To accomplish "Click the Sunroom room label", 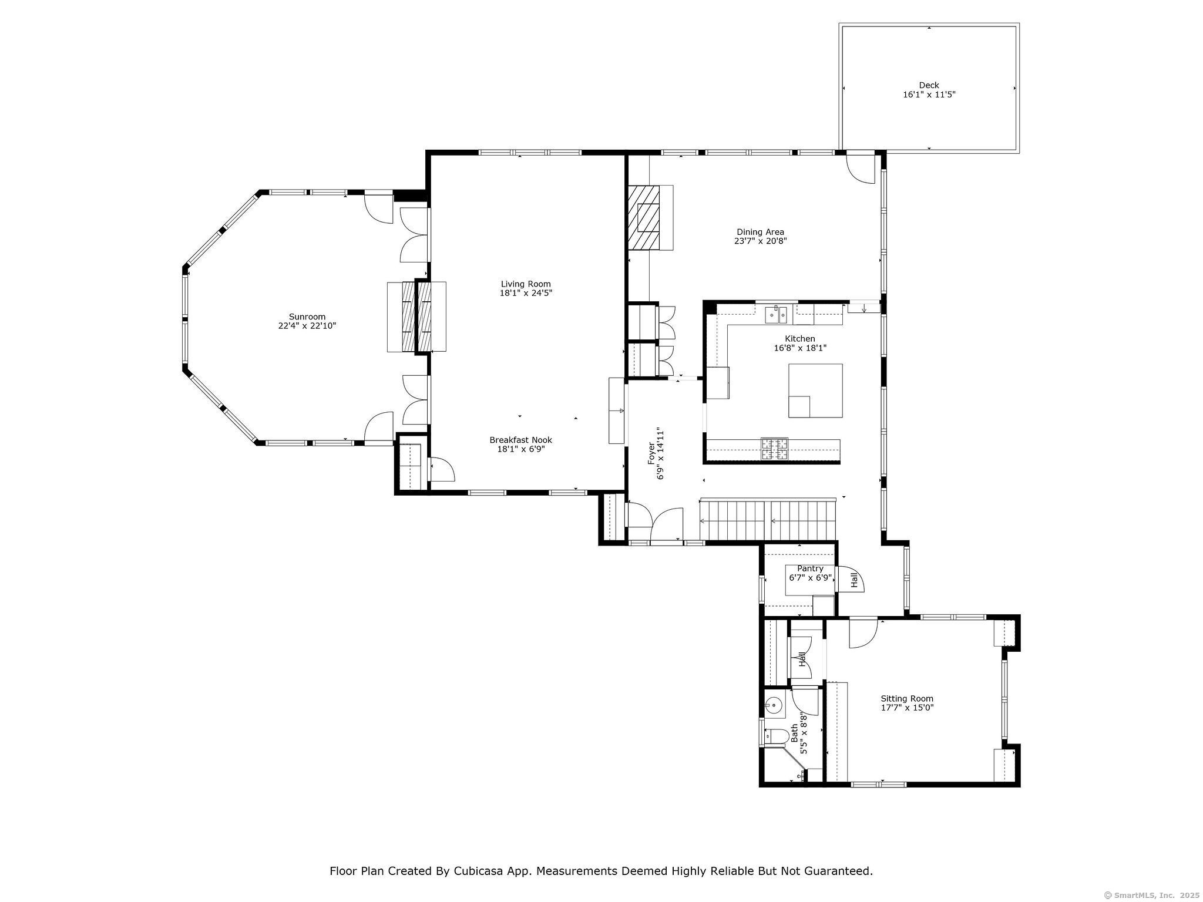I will tap(307, 317).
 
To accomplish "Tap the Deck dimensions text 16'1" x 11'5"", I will tap(929, 95).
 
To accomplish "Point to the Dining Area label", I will tap(760, 232).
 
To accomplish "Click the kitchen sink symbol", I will tap(775, 315).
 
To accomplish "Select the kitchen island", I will tap(815, 391).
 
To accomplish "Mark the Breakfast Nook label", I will tap(520, 440).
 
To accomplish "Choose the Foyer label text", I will tap(651, 454).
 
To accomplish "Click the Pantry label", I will tap(809, 568).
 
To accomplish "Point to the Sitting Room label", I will tap(906, 699).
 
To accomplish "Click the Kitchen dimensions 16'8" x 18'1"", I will tap(799, 348).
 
